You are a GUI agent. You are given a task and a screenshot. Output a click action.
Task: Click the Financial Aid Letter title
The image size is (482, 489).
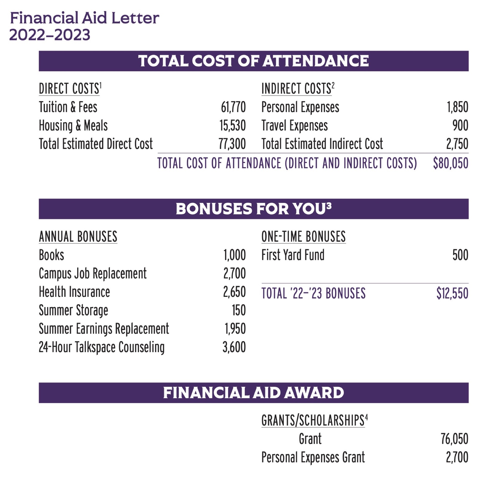tap(84, 18)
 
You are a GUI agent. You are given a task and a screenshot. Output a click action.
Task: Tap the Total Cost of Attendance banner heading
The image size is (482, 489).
tap(253, 61)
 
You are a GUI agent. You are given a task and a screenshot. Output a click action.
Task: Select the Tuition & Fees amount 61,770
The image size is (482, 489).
tap(233, 107)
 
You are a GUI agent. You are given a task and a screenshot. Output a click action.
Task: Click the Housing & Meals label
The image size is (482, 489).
tap(73, 126)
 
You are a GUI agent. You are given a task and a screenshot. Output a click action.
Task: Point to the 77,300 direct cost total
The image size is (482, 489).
tap(232, 144)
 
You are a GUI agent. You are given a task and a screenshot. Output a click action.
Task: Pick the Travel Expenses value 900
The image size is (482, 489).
tap(460, 126)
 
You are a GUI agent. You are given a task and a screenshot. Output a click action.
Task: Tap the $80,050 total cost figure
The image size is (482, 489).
tap(450, 163)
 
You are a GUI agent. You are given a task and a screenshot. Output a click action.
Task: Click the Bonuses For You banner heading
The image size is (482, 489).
tap(253, 209)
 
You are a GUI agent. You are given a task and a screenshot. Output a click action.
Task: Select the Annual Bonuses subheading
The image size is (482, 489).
tap(78, 237)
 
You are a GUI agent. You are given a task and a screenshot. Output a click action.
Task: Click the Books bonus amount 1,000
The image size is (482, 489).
tap(234, 255)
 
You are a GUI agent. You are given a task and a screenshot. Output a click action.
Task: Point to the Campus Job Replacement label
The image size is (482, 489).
tap(93, 273)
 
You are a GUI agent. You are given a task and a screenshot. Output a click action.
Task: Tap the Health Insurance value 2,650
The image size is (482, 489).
tap(234, 292)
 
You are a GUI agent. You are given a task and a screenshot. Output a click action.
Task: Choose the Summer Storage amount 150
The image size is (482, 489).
tap(239, 310)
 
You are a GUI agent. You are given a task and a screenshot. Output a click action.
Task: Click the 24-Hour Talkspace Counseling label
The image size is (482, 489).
tap(101, 347)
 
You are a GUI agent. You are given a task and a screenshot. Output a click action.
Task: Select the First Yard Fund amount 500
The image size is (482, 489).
tap(460, 255)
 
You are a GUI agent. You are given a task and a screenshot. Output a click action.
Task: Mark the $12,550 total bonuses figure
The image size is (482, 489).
tap(452, 293)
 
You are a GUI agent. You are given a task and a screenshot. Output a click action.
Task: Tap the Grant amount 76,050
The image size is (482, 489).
tap(454, 439)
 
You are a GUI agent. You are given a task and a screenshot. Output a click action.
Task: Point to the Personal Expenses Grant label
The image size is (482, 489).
tap(313, 457)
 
